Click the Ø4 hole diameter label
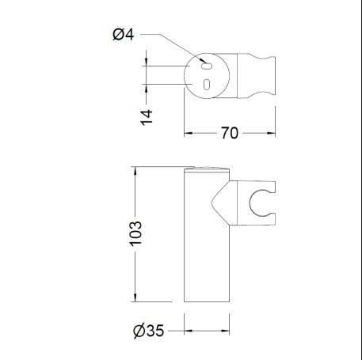(124, 35)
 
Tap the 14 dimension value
(147, 117)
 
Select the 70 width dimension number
(230, 133)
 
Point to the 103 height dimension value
(135, 233)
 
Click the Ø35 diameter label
(149, 331)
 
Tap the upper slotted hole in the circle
(207, 66)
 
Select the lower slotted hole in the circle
(207, 85)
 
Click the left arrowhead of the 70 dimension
(188, 133)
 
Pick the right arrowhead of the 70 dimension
(272, 133)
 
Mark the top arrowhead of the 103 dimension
(135, 171)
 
